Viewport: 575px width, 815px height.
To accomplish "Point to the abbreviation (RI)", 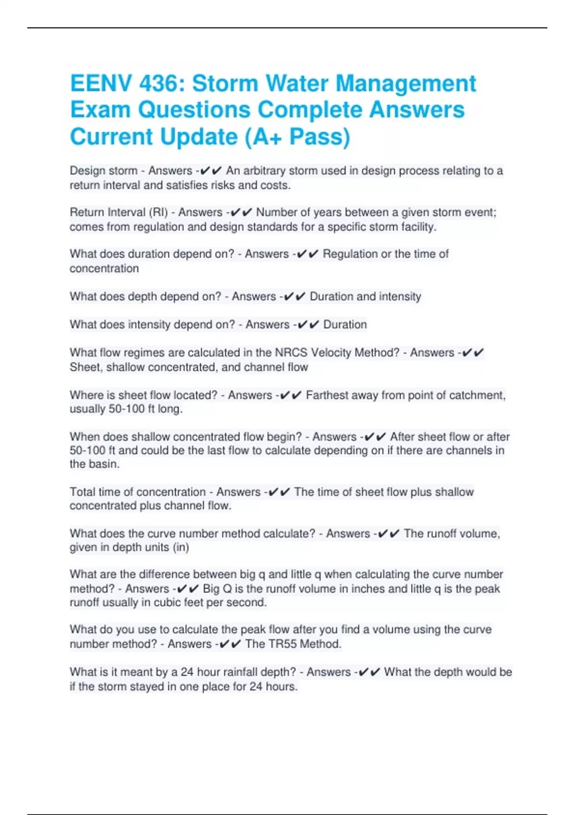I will click(x=158, y=212).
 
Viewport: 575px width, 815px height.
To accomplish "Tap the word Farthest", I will click(x=328, y=395).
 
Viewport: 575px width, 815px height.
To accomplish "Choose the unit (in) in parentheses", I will click(x=181, y=547).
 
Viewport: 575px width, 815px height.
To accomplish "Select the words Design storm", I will click(x=103, y=171).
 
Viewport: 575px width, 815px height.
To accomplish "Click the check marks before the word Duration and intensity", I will click(x=294, y=297).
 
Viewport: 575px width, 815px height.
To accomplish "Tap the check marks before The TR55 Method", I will click(x=230, y=644).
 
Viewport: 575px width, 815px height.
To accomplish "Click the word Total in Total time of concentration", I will click(x=82, y=492).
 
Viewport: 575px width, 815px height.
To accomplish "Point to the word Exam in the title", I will click(x=100, y=110).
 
